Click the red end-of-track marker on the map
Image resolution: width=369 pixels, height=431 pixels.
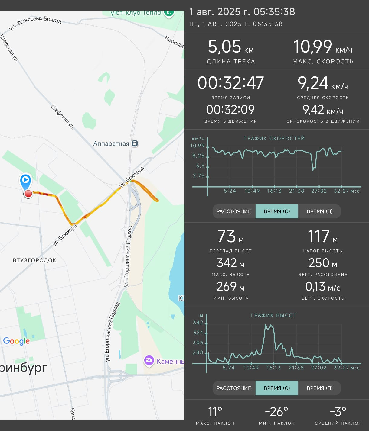(x=28, y=194)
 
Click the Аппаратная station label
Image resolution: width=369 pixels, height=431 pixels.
(x=111, y=144)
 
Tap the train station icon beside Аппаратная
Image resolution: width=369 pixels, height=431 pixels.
(x=135, y=143)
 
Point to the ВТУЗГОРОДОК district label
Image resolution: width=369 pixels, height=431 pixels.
(x=34, y=260)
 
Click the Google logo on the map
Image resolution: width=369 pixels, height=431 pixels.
(x=17, y=341)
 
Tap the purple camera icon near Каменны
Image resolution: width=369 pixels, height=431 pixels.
(x=149, y=360)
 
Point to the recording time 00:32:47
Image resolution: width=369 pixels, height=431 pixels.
(x=230, y=83)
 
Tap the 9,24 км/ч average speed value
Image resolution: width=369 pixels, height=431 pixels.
(x=323, y=83)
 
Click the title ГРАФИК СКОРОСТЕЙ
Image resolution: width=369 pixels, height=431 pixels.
(x=274, y=138)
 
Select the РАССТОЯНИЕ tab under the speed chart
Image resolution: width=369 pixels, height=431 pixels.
(x=234, y=211)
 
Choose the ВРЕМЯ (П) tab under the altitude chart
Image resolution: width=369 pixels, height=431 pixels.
(x=319, y=388)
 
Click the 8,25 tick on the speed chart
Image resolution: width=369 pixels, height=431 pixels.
(x=198, y=156)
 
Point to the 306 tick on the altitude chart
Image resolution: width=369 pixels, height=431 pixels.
(x=198, y=343)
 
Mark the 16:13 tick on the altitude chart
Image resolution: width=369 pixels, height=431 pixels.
(x=273, y=368)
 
